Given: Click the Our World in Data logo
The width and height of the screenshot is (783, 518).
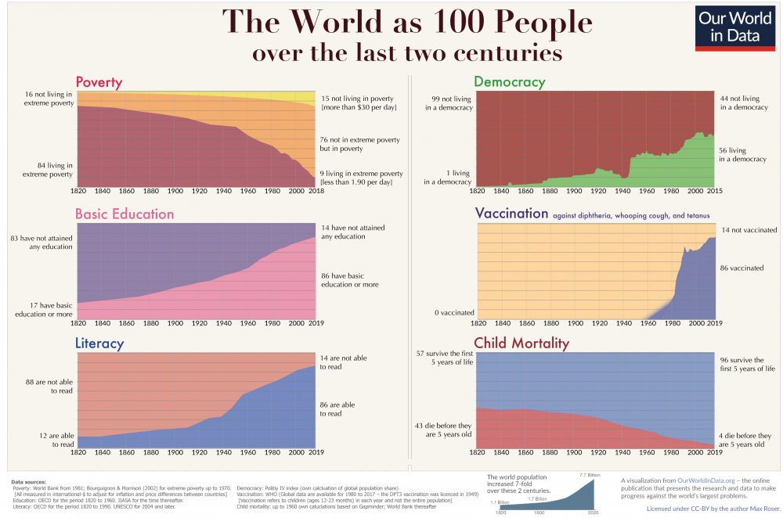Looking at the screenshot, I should coord(736,29).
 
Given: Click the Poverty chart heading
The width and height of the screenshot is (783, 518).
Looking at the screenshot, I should coord(99,82).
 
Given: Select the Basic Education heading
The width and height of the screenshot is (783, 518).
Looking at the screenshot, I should coord(124,214).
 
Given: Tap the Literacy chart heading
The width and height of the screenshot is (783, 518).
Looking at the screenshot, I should coord(99,343).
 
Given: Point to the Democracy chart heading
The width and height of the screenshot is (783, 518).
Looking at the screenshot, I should coord(509,82).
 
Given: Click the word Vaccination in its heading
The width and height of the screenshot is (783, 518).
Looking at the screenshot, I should coord(511,213).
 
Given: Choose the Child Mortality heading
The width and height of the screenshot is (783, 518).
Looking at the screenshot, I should coord(521,343).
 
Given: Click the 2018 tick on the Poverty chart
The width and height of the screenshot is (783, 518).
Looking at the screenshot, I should coord(316,192).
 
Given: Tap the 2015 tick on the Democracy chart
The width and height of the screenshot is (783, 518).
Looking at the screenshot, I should coord(715,192).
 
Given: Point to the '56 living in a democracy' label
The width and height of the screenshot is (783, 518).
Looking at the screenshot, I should coord(742,154).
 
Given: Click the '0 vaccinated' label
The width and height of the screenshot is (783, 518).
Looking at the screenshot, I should coord(454,313).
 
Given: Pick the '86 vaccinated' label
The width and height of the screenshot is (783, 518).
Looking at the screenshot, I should coord(742,268).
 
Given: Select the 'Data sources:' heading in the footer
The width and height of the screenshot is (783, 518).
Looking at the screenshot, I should coord(29,481).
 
